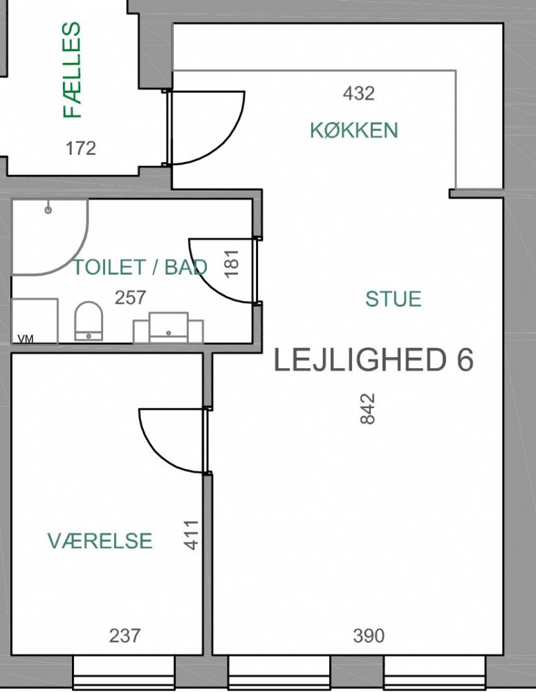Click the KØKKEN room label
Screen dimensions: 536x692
354,130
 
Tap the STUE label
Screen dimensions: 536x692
393,299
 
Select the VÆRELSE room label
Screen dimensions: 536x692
100,540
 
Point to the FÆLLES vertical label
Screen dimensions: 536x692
73,70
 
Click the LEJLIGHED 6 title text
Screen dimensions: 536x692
373,360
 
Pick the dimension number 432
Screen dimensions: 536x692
359,93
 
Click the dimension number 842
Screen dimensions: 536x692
367,409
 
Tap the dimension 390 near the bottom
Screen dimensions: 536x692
369,635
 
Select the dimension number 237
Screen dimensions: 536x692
125,635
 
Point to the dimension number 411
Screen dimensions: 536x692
192,535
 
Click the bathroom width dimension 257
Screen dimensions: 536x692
130,298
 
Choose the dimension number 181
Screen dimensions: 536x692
232,264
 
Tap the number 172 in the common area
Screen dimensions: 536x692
81,148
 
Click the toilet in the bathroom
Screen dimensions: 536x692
89,321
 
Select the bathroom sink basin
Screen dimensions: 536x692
169,327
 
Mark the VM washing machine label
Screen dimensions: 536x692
26,339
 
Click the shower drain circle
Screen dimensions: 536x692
48,210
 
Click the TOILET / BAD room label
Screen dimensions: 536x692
140,267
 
